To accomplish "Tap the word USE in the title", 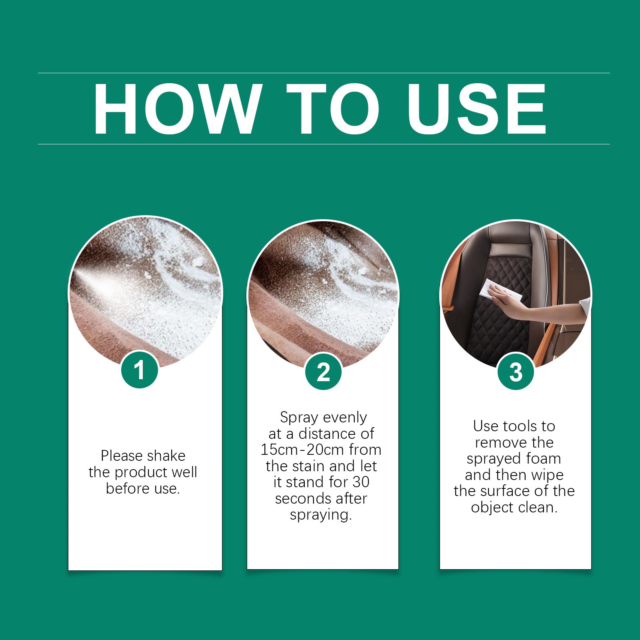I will tap(476, 109).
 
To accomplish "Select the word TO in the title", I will tap(333, 109).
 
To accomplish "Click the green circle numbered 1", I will tap(139, 370).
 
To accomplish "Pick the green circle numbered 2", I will tap(323, 372).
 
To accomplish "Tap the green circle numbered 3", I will tap(516, 372).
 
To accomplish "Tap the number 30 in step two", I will tap(360, 482).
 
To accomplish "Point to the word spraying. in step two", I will tap(321, 515).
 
